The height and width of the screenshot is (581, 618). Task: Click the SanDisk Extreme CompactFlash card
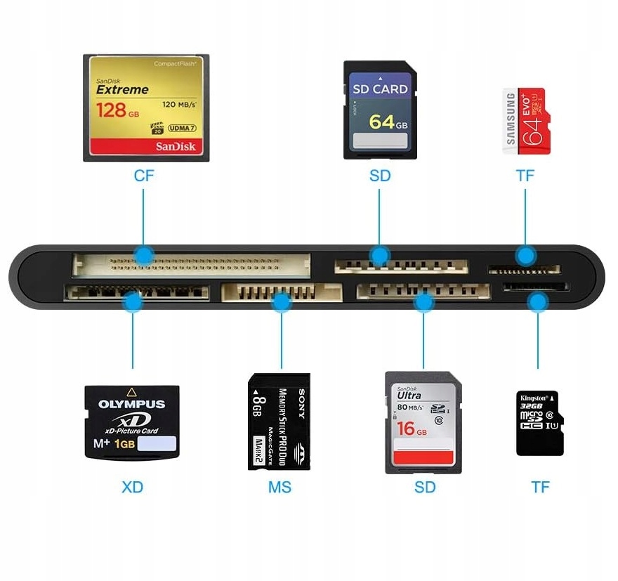[x=146, y=107]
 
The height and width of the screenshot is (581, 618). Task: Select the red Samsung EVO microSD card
[x=526, y=121]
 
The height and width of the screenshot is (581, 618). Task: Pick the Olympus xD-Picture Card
[x=132, y=422]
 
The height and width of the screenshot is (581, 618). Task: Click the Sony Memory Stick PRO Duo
[x=279, y=422]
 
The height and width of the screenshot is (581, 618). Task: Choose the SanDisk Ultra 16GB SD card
[x=423, y=422]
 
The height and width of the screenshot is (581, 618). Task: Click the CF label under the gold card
[x=144, y=176]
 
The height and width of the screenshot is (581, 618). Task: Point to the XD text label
[x=132, y=487]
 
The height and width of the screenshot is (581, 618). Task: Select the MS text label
[x=280, y=487]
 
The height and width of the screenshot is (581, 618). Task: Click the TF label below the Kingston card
[x=540, y=487]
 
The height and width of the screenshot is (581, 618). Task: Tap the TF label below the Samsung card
[x=525, y=176]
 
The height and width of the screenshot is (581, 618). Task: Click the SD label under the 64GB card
[x=379, y=176]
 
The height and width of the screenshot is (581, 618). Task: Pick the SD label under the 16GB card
[x=425, y=487]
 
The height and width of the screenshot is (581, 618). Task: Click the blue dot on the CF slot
[x=144, y=255]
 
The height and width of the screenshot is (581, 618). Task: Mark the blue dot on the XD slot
[x=132, y=303]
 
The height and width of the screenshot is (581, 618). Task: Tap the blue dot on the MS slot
[x=281, y=303]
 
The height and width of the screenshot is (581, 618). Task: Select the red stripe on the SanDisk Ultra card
[x=423, y=457]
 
